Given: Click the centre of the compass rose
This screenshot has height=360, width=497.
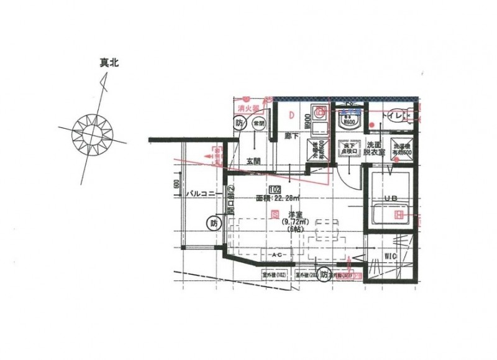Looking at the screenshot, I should (93, 132).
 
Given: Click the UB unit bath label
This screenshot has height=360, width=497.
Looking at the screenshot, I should (390, 198).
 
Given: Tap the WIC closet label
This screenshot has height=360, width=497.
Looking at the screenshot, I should (390, 255).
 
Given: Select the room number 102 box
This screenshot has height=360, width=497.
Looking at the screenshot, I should (274, 189).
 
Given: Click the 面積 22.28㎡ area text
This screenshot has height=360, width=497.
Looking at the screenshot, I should (277, 199).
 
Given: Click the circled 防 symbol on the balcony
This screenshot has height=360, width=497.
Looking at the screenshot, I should (214, 222).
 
